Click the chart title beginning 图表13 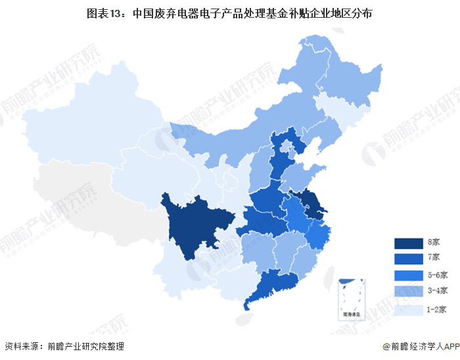229,13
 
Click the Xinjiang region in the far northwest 92,125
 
